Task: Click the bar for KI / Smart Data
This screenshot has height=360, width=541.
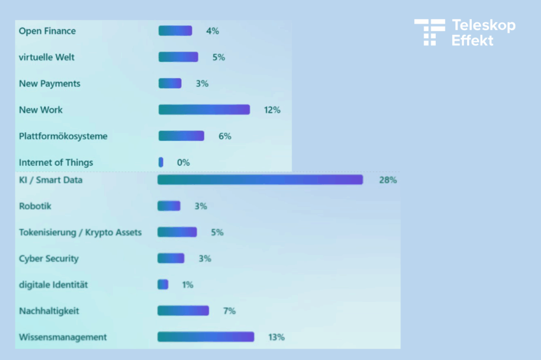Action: point(260,180)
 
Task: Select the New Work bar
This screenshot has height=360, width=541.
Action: point(204,110)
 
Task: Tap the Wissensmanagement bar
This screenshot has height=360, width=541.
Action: point(206,337)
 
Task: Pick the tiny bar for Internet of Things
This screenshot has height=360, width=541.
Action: point(161,163)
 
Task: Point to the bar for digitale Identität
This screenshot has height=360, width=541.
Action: point(163,285)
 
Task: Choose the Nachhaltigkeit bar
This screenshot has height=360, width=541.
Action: point(183,311)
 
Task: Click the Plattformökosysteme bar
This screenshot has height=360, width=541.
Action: point(181,136)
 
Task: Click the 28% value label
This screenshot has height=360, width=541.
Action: point(388,180)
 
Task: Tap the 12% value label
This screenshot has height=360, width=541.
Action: point(272,110)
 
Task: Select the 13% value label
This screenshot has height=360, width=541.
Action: point(276,337)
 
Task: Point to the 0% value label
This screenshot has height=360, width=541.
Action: point(183,163)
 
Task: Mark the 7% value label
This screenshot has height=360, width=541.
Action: point(229,311)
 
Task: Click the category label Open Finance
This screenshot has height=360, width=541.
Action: point(47,31)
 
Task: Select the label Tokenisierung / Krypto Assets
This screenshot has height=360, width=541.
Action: point(80,232)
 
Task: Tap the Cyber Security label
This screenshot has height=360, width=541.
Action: point(49,259)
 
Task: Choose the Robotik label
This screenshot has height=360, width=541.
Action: point(35,206)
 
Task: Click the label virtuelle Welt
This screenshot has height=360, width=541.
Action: point(46,57)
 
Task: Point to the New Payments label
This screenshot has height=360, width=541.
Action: point(49,83)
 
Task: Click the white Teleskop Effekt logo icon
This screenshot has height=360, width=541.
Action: point(429,32)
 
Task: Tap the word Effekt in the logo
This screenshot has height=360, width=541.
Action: point(472,41)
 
